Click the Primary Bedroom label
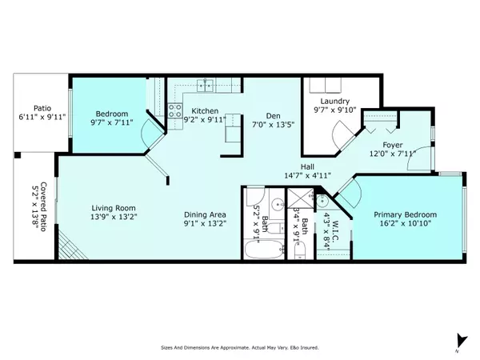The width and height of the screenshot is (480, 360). coord(410,215)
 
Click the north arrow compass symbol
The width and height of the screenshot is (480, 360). coord(458,341)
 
